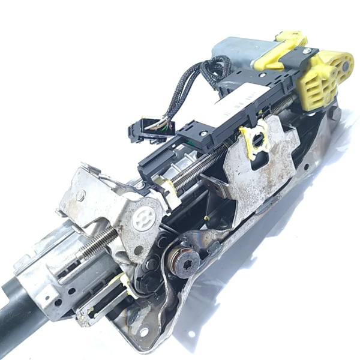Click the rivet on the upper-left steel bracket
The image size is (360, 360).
(x=80, y=195)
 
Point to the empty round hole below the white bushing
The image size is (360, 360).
(x=139, y=250)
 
